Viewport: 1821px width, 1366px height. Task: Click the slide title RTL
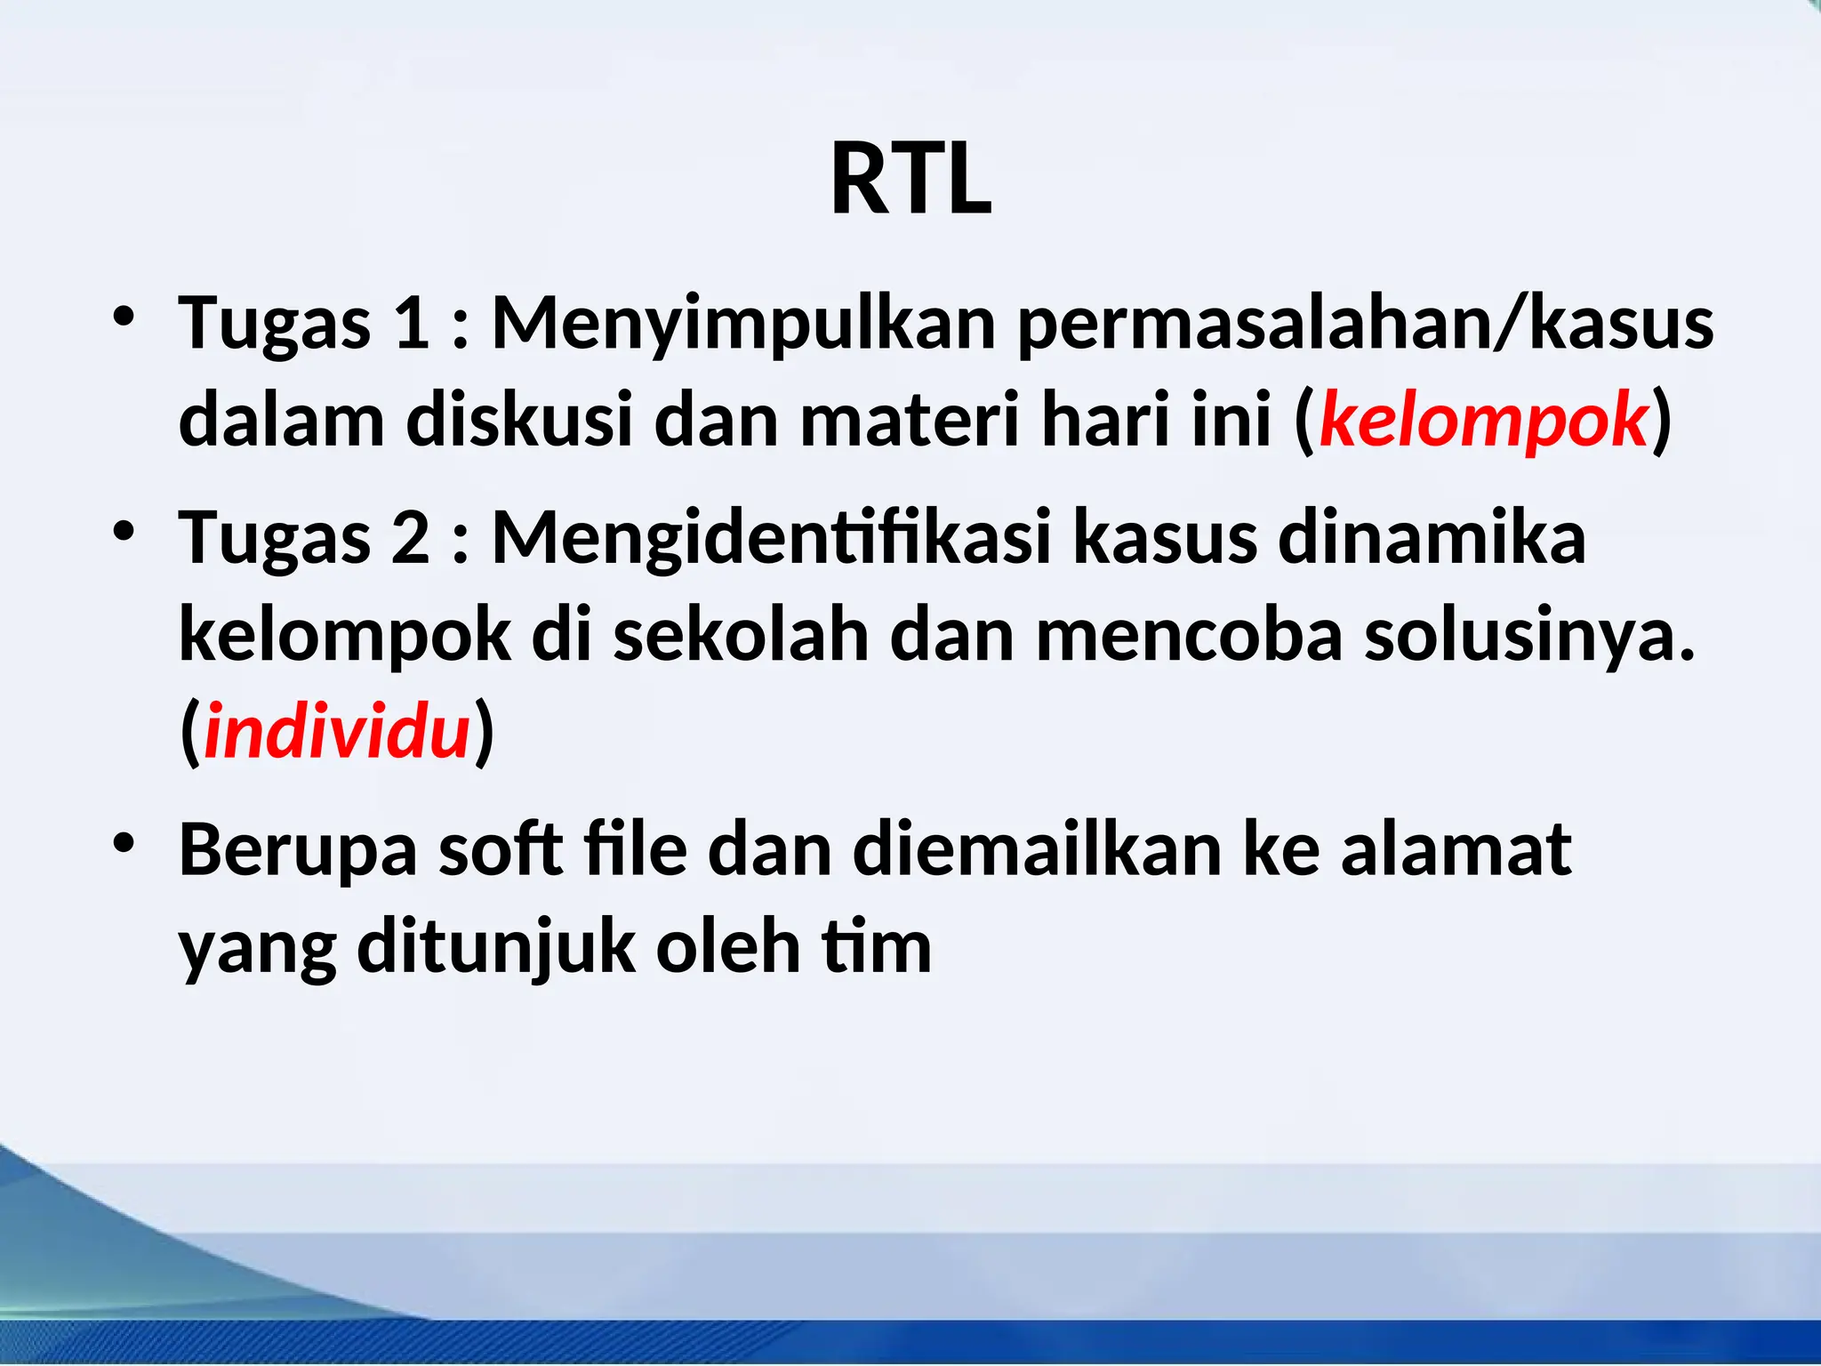(910, 181)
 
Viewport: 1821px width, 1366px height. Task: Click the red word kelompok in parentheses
(1483, 420)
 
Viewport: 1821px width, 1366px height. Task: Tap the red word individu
(337, 732)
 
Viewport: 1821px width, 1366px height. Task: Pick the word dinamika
(1432, 538)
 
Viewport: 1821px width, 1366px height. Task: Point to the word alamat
(1456, 850)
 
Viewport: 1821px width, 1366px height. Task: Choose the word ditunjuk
(496, 948)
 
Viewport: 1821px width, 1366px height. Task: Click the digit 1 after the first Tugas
(411, 323)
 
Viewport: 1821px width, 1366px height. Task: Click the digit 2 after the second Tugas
(411, 538)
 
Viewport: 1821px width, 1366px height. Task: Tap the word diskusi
(519, 420)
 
